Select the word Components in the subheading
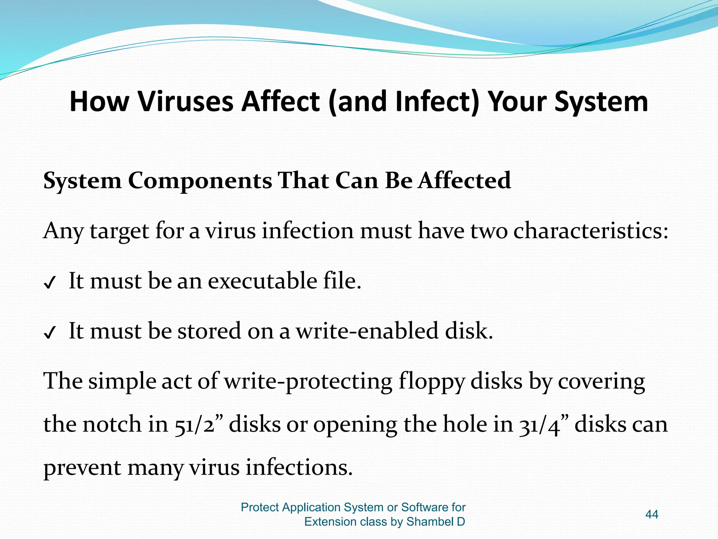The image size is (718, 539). [200, 181]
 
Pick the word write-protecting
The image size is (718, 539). [308, 382]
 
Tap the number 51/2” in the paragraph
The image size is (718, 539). [199, 425]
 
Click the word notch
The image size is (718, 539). [112, 425]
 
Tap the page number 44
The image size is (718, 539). [651, 515]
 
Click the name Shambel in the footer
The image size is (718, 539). [429, 522]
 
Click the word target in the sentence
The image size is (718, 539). [120, 232]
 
